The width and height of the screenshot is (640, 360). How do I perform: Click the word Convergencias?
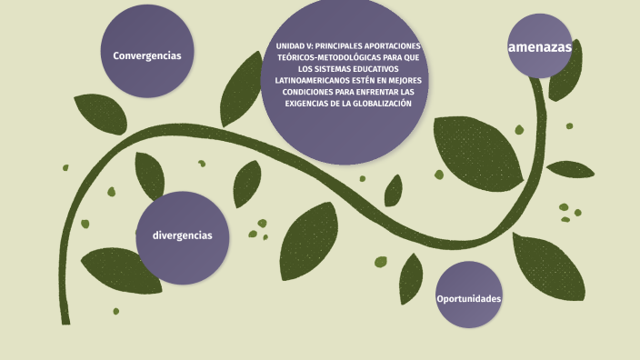click(x=147, y=55)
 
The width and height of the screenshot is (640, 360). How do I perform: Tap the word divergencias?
click(x=183, y=235)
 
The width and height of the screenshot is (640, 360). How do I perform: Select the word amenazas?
click(x=540, y=46)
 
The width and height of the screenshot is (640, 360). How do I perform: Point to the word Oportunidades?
click(x=469, y=298)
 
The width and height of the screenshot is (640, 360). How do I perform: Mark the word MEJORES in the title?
click(x=400, y=80)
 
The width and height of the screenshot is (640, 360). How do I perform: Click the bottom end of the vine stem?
click(x=65, y=322)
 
